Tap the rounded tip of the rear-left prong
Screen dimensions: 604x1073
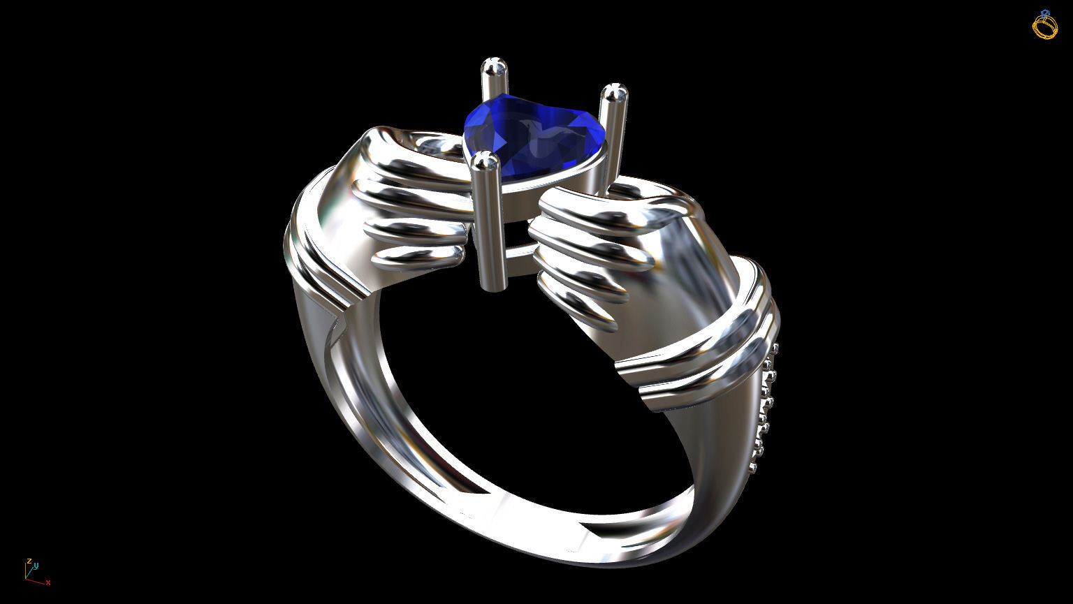click(494, 68)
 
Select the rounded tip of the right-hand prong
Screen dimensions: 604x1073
click(614, 92)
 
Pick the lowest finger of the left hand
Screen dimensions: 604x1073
click(417, 258)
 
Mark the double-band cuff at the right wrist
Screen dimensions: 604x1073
click(699, 363)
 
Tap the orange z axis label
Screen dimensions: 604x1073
click(29, 561)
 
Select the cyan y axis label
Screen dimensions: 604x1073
click(36, 566)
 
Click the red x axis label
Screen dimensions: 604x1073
click(48, 582)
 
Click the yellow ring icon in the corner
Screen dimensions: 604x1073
click(1045, 27)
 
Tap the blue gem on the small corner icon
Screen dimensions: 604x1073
click(1045, 13)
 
